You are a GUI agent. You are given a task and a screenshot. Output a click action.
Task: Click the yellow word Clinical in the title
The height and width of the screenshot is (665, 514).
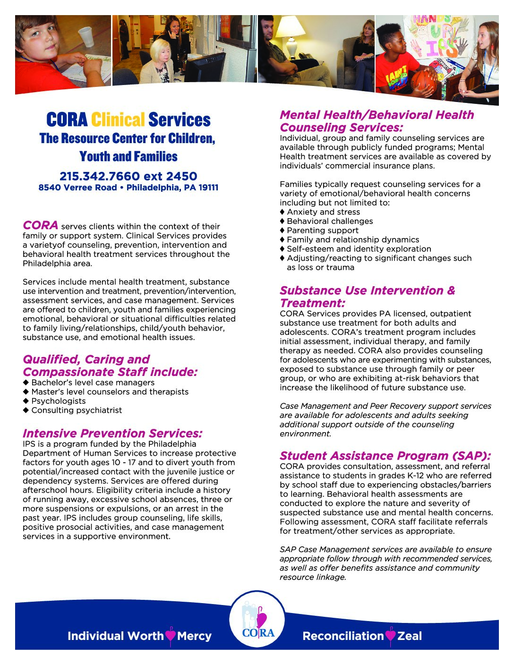[x=118, y=120]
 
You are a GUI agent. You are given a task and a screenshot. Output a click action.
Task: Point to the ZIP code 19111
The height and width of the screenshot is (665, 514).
[x=208, y=188]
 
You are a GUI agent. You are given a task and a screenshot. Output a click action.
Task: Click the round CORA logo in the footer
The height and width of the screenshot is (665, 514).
[x=257, y=620]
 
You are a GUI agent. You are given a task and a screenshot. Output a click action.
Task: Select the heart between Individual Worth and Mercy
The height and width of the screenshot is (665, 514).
[x=171, y=636]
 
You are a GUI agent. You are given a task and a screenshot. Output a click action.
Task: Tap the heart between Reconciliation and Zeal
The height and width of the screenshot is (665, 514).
[x=390, y=636]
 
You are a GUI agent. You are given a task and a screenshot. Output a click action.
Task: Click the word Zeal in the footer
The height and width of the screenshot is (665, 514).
[x=410, y=636]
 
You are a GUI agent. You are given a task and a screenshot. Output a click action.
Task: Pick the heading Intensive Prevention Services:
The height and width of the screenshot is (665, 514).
[x=112, y=433]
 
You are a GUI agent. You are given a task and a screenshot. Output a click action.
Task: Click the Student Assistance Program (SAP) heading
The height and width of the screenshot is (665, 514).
[x=385, y=456]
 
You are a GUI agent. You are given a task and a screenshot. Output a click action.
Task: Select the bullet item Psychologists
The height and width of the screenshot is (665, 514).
[x=59, y=401]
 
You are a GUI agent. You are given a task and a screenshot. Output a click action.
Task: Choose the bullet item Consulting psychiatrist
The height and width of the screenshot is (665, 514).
[x=77, y=410]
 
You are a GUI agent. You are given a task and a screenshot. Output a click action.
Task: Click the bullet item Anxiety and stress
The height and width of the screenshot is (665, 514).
[x=323, y=212]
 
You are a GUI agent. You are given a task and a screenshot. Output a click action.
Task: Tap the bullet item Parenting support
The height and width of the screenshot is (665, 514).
[x=323, y=230]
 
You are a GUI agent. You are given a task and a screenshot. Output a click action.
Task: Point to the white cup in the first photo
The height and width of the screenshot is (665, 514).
[x=86, y=37]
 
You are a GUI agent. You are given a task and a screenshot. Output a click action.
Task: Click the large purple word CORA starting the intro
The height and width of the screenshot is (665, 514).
[x=41, y=225]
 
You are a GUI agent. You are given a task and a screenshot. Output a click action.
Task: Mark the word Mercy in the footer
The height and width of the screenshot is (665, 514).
[x=194, y=636]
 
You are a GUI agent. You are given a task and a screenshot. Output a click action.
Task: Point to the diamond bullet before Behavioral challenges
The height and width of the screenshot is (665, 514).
[x=283, y=221]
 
